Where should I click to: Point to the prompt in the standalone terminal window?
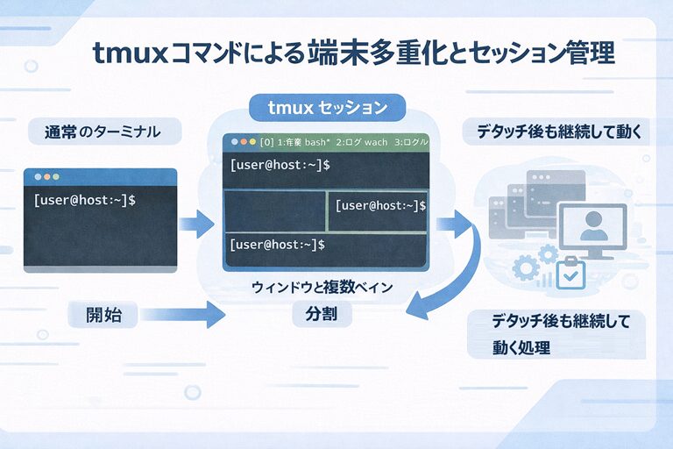tap(84, 200)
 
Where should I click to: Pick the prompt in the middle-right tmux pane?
tap(380, 205)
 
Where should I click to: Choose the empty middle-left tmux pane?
tap(275, 210)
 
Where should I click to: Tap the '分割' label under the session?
tap(327, 313)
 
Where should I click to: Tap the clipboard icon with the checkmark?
tap(572, 272)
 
